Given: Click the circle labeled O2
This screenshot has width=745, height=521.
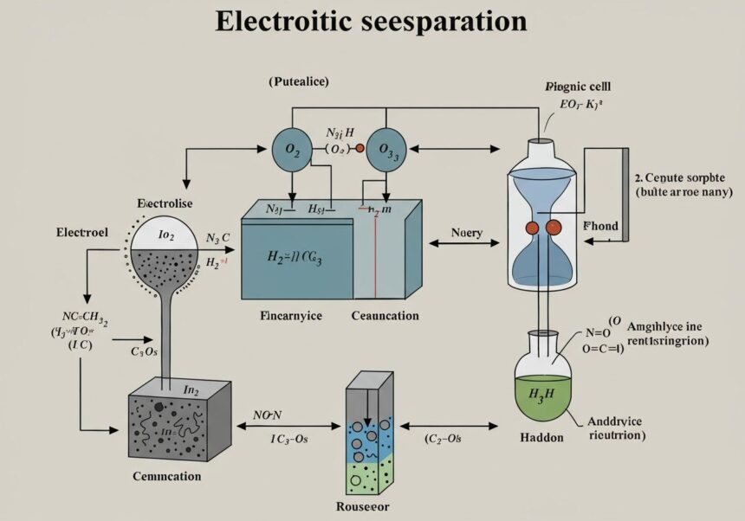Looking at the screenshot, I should click(293, 151).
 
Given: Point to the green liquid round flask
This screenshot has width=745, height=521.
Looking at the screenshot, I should click(542, 389).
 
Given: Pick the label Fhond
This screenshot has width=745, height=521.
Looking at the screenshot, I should click(599, 227).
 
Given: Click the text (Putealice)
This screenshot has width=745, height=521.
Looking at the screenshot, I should click(299, 81).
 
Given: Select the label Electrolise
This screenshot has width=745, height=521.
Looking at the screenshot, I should click(165, 203).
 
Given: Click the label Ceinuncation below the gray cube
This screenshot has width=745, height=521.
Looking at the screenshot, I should click(166, 476).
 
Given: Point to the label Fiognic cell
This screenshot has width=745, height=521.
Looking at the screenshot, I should click(577, 87).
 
